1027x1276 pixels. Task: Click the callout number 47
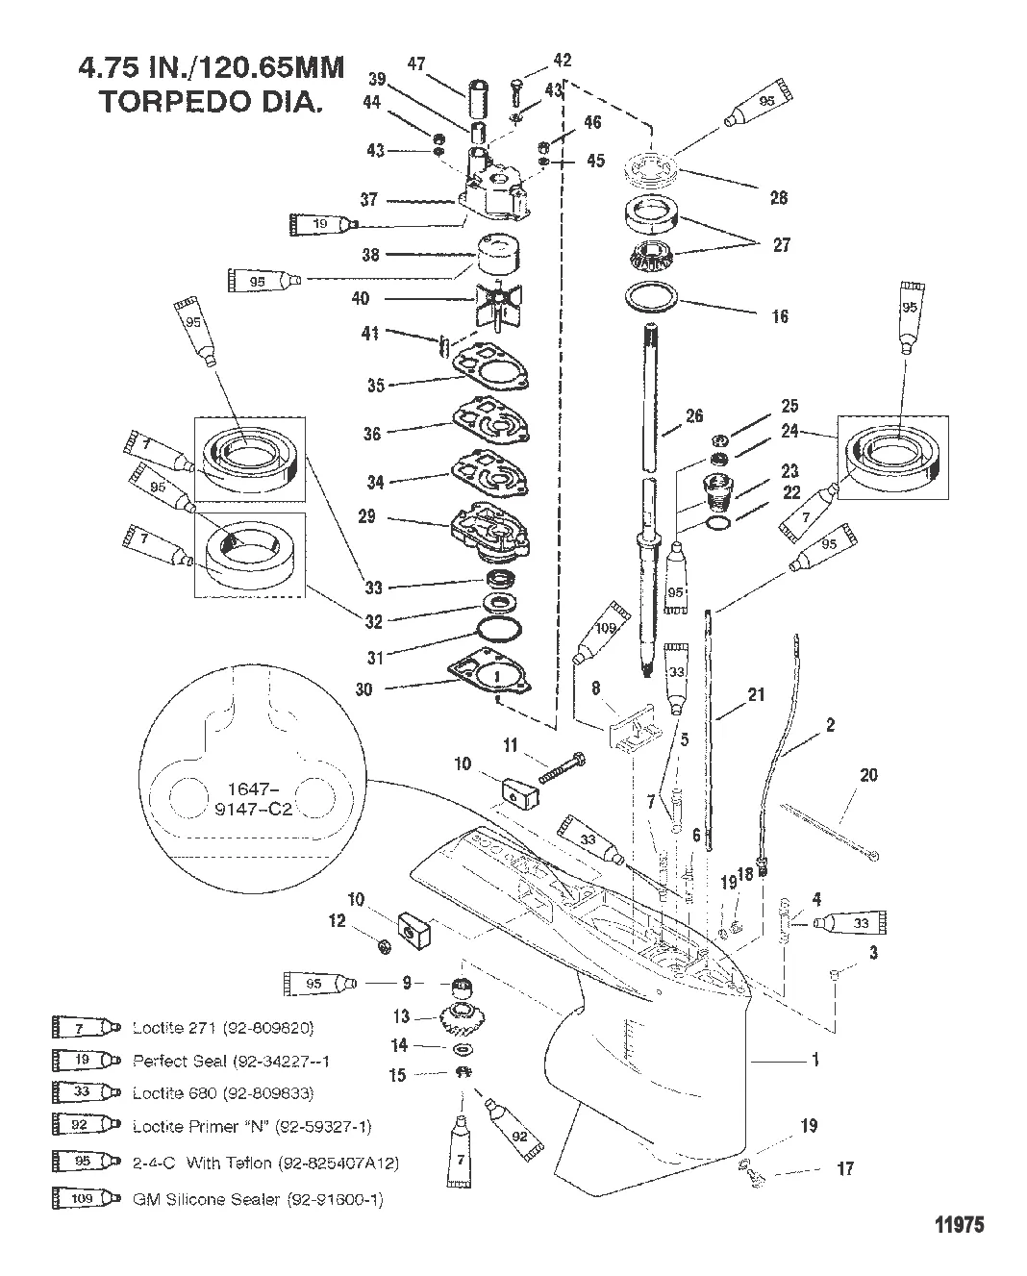click(415, 63)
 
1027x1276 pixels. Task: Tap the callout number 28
click(778, 197)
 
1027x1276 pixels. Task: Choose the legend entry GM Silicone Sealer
click(258, 1200)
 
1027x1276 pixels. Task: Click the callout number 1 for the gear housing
click(815, 1060)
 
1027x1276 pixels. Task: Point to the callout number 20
click(868, 774)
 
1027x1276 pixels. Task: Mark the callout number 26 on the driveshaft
click(694, 415)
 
